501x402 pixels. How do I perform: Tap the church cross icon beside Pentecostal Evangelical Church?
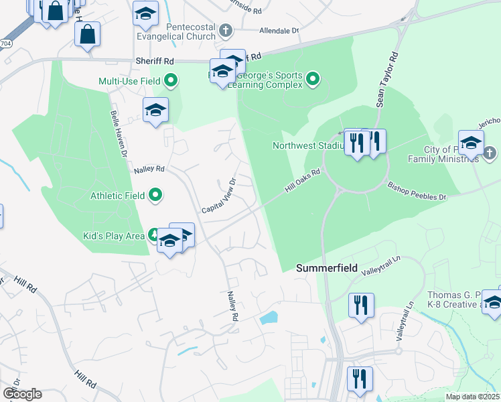tap(226, 30)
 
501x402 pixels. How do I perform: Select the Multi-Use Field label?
tap(129, 81)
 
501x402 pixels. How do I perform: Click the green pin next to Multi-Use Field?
tap(171, 81)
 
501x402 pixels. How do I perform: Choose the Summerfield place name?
tap(327, 267)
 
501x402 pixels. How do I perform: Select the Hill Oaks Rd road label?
tap(303, 182)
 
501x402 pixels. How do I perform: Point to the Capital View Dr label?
tap(219, 196)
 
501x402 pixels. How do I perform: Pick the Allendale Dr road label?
tap(279, 31)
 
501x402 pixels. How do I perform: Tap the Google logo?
tap(22, 393)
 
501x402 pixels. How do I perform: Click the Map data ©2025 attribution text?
tap(473, 397)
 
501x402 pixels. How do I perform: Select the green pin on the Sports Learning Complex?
tap(312, 81)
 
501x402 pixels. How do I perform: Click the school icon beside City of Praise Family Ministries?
tap(471, 143)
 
